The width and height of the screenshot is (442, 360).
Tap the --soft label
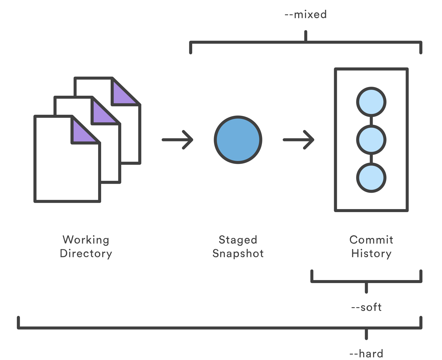point(366,307)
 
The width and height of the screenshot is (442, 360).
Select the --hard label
point(366,353)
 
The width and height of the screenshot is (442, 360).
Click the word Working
point(86,240)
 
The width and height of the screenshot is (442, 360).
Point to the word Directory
point(86,253)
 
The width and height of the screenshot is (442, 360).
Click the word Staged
point(238,240)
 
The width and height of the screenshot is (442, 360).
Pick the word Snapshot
point(238,253)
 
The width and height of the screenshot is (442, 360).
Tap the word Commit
point(371,240)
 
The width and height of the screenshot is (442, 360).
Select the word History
point(371,253)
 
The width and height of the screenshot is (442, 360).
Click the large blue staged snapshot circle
point(238,140)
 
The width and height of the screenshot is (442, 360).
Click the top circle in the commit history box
point(371,102)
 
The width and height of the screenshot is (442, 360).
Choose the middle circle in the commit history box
point(371,140)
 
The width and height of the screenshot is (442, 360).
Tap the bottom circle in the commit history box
point(371,178)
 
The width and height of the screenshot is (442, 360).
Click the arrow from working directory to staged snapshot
point(178,140)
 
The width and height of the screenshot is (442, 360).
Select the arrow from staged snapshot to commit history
point(298,140)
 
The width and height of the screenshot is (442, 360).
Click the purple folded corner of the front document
point(82,133)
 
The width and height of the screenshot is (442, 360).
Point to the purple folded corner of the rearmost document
point(122,95)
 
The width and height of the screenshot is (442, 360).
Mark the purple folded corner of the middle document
point(102,114)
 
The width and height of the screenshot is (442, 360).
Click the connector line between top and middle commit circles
point(371,121)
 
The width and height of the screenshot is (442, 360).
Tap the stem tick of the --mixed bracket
point(306,36)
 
